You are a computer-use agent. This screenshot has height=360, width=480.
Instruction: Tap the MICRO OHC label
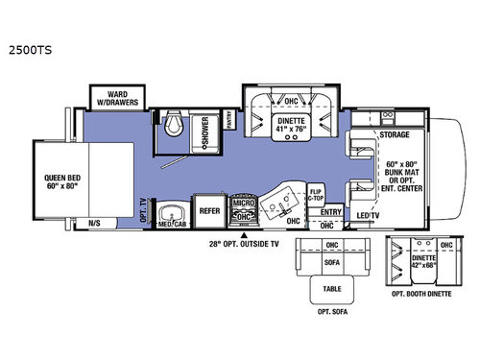coord(244,210)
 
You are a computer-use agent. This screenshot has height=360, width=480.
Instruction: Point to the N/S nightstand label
coord(95,223)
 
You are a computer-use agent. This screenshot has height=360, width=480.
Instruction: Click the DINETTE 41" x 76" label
coord(290,122)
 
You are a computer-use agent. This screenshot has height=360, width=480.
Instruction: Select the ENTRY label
coord(330,211)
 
